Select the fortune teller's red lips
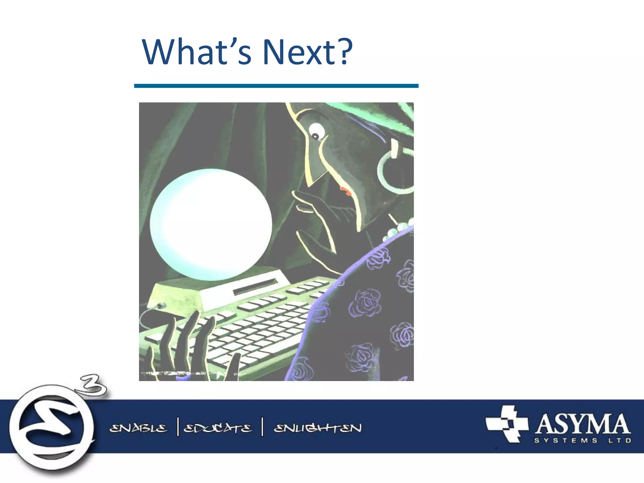tap(345, 191)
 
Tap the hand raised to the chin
tap(318, 217)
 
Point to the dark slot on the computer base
tap(256, 287)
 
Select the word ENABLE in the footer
tap(138, 428)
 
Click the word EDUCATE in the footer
tap(218, 428)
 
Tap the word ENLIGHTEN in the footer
tap(318, 428)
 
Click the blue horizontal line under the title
tap(276, 86)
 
